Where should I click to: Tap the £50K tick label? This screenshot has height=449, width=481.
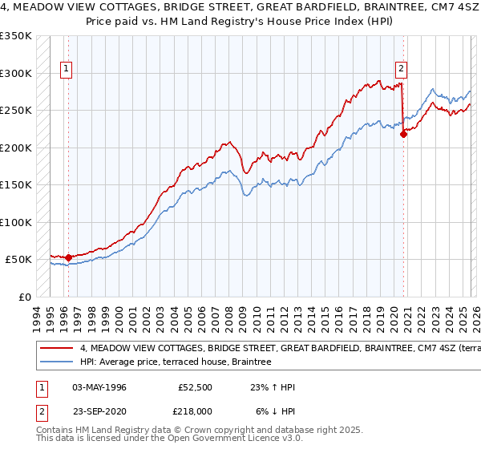tap(19, 259)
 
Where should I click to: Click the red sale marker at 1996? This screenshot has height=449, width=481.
tap(68, 258)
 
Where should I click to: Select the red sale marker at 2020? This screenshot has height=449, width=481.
tap(403, 135)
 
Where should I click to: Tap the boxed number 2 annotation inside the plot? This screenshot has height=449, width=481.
tap(400, 69)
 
